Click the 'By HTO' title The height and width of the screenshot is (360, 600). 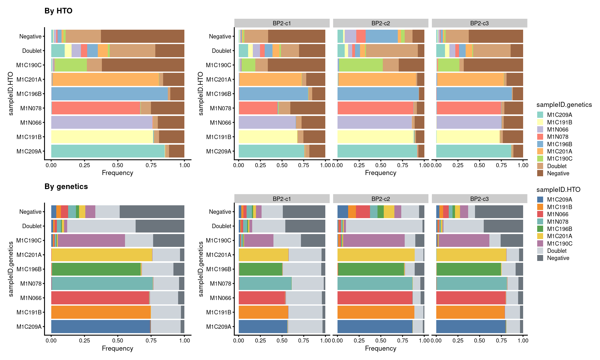[x=58, y=11]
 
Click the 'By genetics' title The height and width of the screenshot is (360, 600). [x=66, y=187]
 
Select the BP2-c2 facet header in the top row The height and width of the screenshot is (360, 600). [x=380, y=23]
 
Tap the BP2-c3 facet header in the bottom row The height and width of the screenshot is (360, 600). [x=479, y=199]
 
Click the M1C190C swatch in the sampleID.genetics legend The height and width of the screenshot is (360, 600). [x=540, y=159]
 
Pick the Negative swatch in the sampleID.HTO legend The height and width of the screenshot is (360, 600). [x=540, y=258]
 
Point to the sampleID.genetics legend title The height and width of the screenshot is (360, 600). [x=564, y=105]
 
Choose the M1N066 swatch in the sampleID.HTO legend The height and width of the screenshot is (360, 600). [x=540, y=214]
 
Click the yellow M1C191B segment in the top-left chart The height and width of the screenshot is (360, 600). [x=102, y=137]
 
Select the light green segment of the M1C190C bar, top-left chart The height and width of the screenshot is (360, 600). [x=71, y=65]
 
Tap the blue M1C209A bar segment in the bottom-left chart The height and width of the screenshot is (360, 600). [x=100, y=327]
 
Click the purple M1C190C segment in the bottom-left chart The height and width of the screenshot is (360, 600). [x=91, y=240]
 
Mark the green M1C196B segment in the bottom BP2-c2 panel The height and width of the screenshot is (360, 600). [x=371, y=269]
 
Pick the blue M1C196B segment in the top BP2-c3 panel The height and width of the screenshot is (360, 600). [x=474, y=94]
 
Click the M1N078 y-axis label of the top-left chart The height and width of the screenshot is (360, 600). [x=31, y=108]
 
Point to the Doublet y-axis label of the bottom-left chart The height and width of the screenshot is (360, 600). [x=32, y=226]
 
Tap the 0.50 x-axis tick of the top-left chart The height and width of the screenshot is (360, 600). [x=118, y=165]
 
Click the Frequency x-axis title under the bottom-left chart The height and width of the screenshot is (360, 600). [x=117, y=348]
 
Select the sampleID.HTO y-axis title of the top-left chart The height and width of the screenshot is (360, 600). [x=11, y=94]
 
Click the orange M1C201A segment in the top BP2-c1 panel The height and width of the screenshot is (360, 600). [x=270, y=79]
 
